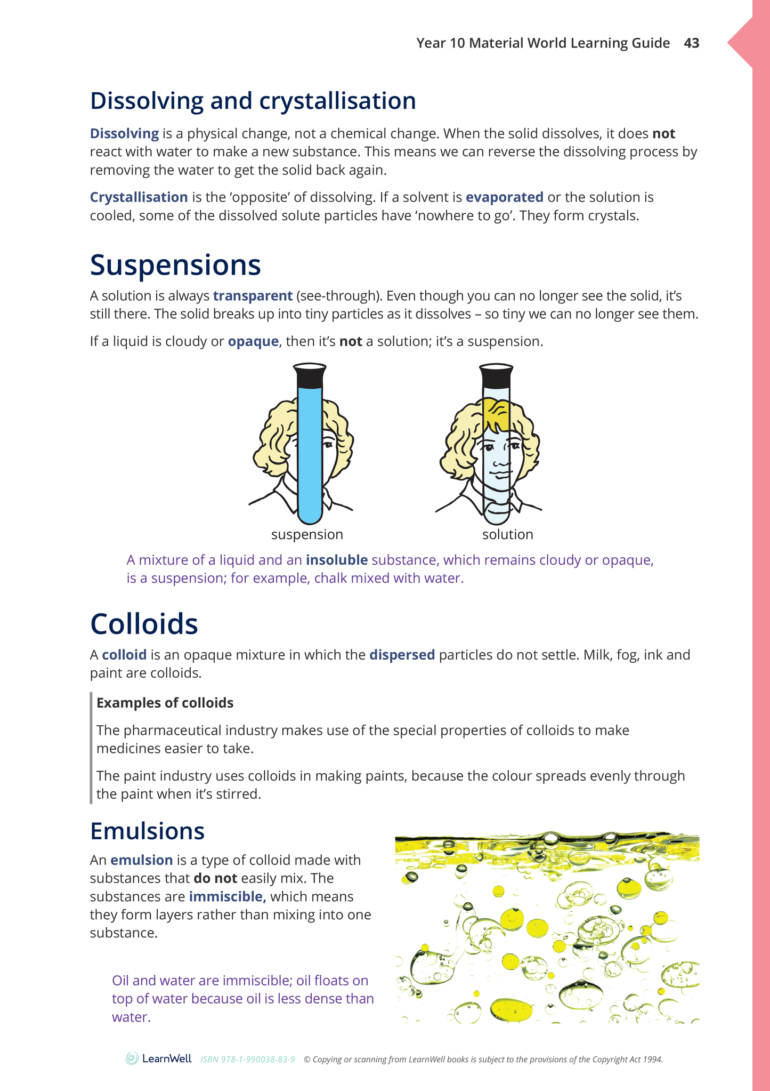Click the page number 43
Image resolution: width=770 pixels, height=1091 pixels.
691,43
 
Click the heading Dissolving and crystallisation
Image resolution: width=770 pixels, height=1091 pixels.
253,101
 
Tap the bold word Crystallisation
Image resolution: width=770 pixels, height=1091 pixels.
139,197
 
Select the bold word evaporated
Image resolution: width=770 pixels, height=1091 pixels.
504,197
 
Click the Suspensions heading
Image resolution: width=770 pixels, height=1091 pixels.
175,265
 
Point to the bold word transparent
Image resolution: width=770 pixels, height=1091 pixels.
253,296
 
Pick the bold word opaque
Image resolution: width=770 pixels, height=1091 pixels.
253,341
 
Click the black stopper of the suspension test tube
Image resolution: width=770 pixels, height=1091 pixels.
310,376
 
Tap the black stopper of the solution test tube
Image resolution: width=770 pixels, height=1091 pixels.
496,376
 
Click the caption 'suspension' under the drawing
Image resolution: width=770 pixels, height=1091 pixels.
307,534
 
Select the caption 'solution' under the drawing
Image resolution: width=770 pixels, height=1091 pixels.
507,534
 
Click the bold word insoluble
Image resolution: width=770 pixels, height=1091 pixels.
337,560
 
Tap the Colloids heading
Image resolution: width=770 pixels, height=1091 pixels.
144,623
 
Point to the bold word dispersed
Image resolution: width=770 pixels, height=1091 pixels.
402,655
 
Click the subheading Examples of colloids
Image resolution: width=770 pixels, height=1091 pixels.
165,703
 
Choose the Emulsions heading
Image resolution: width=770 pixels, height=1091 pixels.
147,831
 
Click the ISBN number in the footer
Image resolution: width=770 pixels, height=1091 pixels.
247,1060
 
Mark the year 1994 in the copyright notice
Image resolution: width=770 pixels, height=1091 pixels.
653,1060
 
